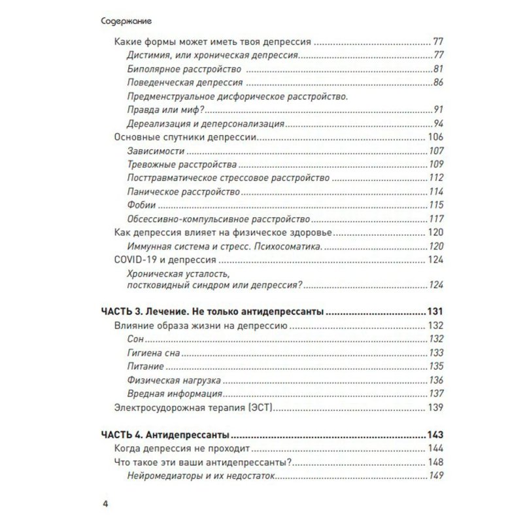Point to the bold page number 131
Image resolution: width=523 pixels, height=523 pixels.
(433, 312)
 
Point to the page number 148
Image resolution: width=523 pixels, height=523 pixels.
(435, 463)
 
